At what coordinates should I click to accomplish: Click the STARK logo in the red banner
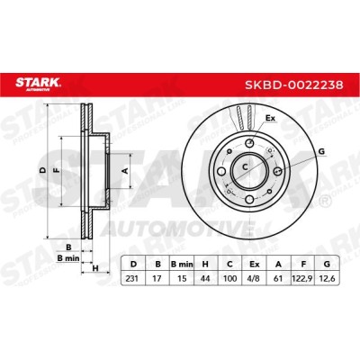(x=38, y=84)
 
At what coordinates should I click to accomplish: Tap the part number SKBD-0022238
(x=294, y=85)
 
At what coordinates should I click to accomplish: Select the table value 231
(x=132, y=278)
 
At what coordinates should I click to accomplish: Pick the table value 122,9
(x=303, y=279)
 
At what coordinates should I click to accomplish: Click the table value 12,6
(x=327, y=279)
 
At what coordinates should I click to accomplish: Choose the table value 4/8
(x=254, y=278)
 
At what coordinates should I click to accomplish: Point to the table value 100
(x=229, y=278)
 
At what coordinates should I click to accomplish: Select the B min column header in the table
(x=182, y=265)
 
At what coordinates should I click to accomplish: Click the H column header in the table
(x=205, y=265)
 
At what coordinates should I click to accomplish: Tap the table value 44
(x=205, y=278)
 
